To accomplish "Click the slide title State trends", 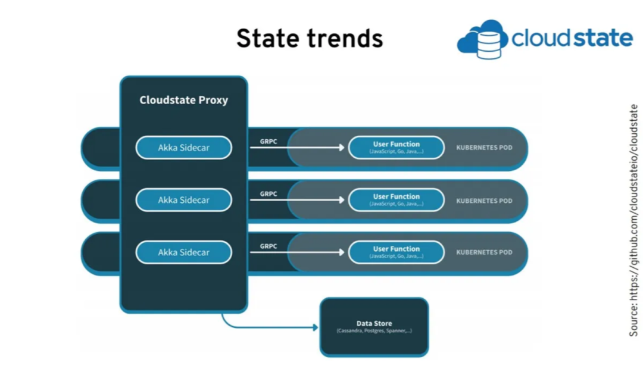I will [309, 39].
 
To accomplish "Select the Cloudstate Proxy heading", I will [183, 100].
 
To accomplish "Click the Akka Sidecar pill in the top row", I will [183, 148].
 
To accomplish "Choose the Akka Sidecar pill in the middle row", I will [183, 200].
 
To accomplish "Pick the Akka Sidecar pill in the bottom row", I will [183, 252].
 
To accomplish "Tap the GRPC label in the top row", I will [269, 142].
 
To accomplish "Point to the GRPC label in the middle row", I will [269, 194].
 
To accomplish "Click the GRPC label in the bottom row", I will [269, 246].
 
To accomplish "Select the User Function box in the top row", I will [396, 148].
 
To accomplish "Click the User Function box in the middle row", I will [396, 200].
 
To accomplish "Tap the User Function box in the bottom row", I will [396, 252].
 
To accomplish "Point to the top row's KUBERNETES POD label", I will [484, 148].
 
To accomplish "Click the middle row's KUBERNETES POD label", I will [484, 201].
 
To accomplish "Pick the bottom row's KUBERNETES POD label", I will [484, 252].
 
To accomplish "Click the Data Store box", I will [374, 327].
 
